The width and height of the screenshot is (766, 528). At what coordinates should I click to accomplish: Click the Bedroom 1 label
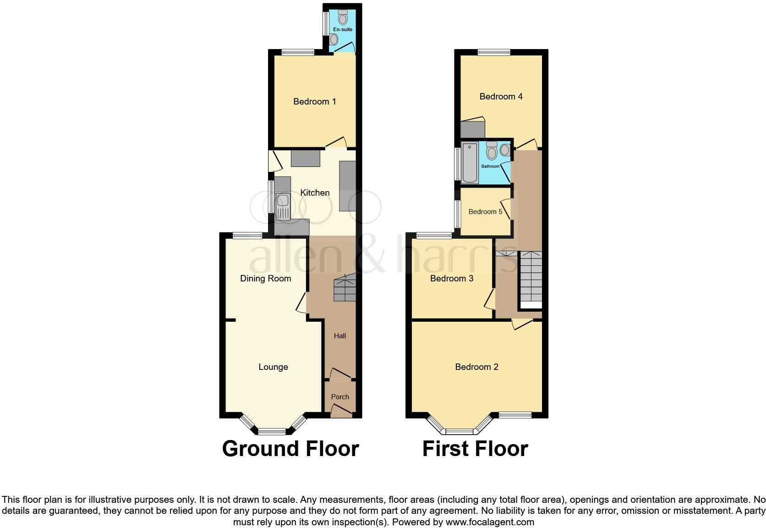[x=314, y=101]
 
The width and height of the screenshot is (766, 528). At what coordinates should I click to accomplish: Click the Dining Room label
[x=265, y=278]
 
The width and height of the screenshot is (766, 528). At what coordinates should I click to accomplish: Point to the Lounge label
[x=273, y=367]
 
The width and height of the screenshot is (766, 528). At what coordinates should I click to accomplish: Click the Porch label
[x=340, y=397]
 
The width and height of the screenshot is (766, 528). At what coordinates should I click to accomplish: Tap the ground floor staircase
[x=345, y=289]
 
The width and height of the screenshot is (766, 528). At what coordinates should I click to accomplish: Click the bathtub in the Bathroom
[x=470, y=163]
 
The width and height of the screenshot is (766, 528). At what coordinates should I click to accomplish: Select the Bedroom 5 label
[x=485, y=212]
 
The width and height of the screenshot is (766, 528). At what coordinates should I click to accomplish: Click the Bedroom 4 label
[x=501, y=96]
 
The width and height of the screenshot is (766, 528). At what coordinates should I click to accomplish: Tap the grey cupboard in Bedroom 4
[x=472, y=129]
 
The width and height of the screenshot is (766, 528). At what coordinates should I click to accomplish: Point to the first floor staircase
[x=531, y=277]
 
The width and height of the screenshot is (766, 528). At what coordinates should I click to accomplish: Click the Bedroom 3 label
[x=451, y=278]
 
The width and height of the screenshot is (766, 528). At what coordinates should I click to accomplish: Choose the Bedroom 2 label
[x=476, y=367]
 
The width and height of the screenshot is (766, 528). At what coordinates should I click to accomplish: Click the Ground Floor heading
[x=290, y=449]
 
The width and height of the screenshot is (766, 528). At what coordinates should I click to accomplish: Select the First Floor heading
[x=475, y=449]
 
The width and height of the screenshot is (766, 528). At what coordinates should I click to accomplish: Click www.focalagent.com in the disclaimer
[x=490, y=522]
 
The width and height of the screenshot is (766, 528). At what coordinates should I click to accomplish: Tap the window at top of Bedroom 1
[x=298, y=52]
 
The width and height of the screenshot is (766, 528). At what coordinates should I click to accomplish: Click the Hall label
[x=339, y=336]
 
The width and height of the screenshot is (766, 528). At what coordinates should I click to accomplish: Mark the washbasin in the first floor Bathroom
[x=505, y=150]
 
